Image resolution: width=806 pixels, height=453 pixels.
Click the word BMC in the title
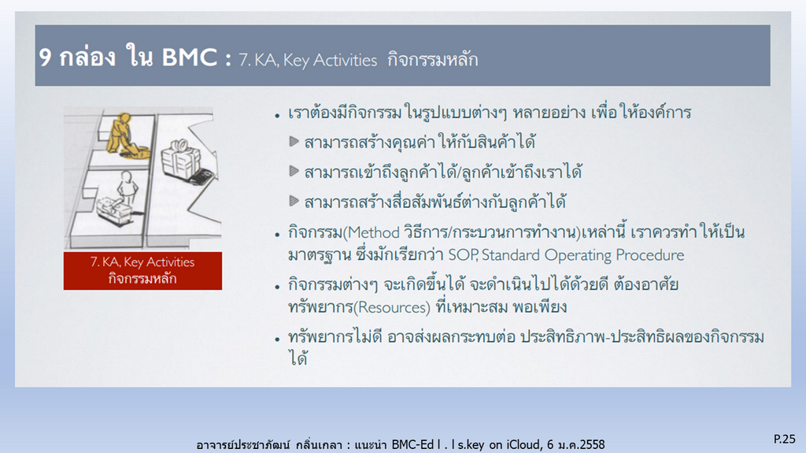coord(189,57)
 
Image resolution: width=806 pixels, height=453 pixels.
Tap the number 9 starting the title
coord(45,58)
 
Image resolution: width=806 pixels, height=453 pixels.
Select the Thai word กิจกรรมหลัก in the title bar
coord(433,59)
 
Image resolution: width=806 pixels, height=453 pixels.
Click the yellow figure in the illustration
coord(125,135)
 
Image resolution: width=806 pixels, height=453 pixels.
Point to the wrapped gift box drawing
coord(181,159)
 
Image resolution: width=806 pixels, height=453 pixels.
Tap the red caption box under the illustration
coord(143,271)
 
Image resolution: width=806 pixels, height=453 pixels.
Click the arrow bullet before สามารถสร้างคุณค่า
coord(294,141)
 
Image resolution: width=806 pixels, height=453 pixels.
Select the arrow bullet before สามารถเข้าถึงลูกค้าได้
coord(294,171)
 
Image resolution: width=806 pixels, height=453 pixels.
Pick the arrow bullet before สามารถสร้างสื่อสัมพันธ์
coord(294,201)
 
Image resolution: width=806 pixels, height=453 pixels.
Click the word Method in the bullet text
coord(374,232)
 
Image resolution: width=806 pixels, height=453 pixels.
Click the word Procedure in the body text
coord(649,254)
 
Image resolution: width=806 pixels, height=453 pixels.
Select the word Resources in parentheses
coord(394,307)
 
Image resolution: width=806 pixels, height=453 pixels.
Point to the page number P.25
coord(785,439)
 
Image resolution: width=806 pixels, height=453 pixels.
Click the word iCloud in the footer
coord(523,444)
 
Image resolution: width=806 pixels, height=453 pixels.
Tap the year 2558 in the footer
coord(592,444)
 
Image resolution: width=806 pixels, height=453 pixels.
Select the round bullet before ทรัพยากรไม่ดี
coord(278,340)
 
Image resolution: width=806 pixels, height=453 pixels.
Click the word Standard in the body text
coord(510,254)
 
